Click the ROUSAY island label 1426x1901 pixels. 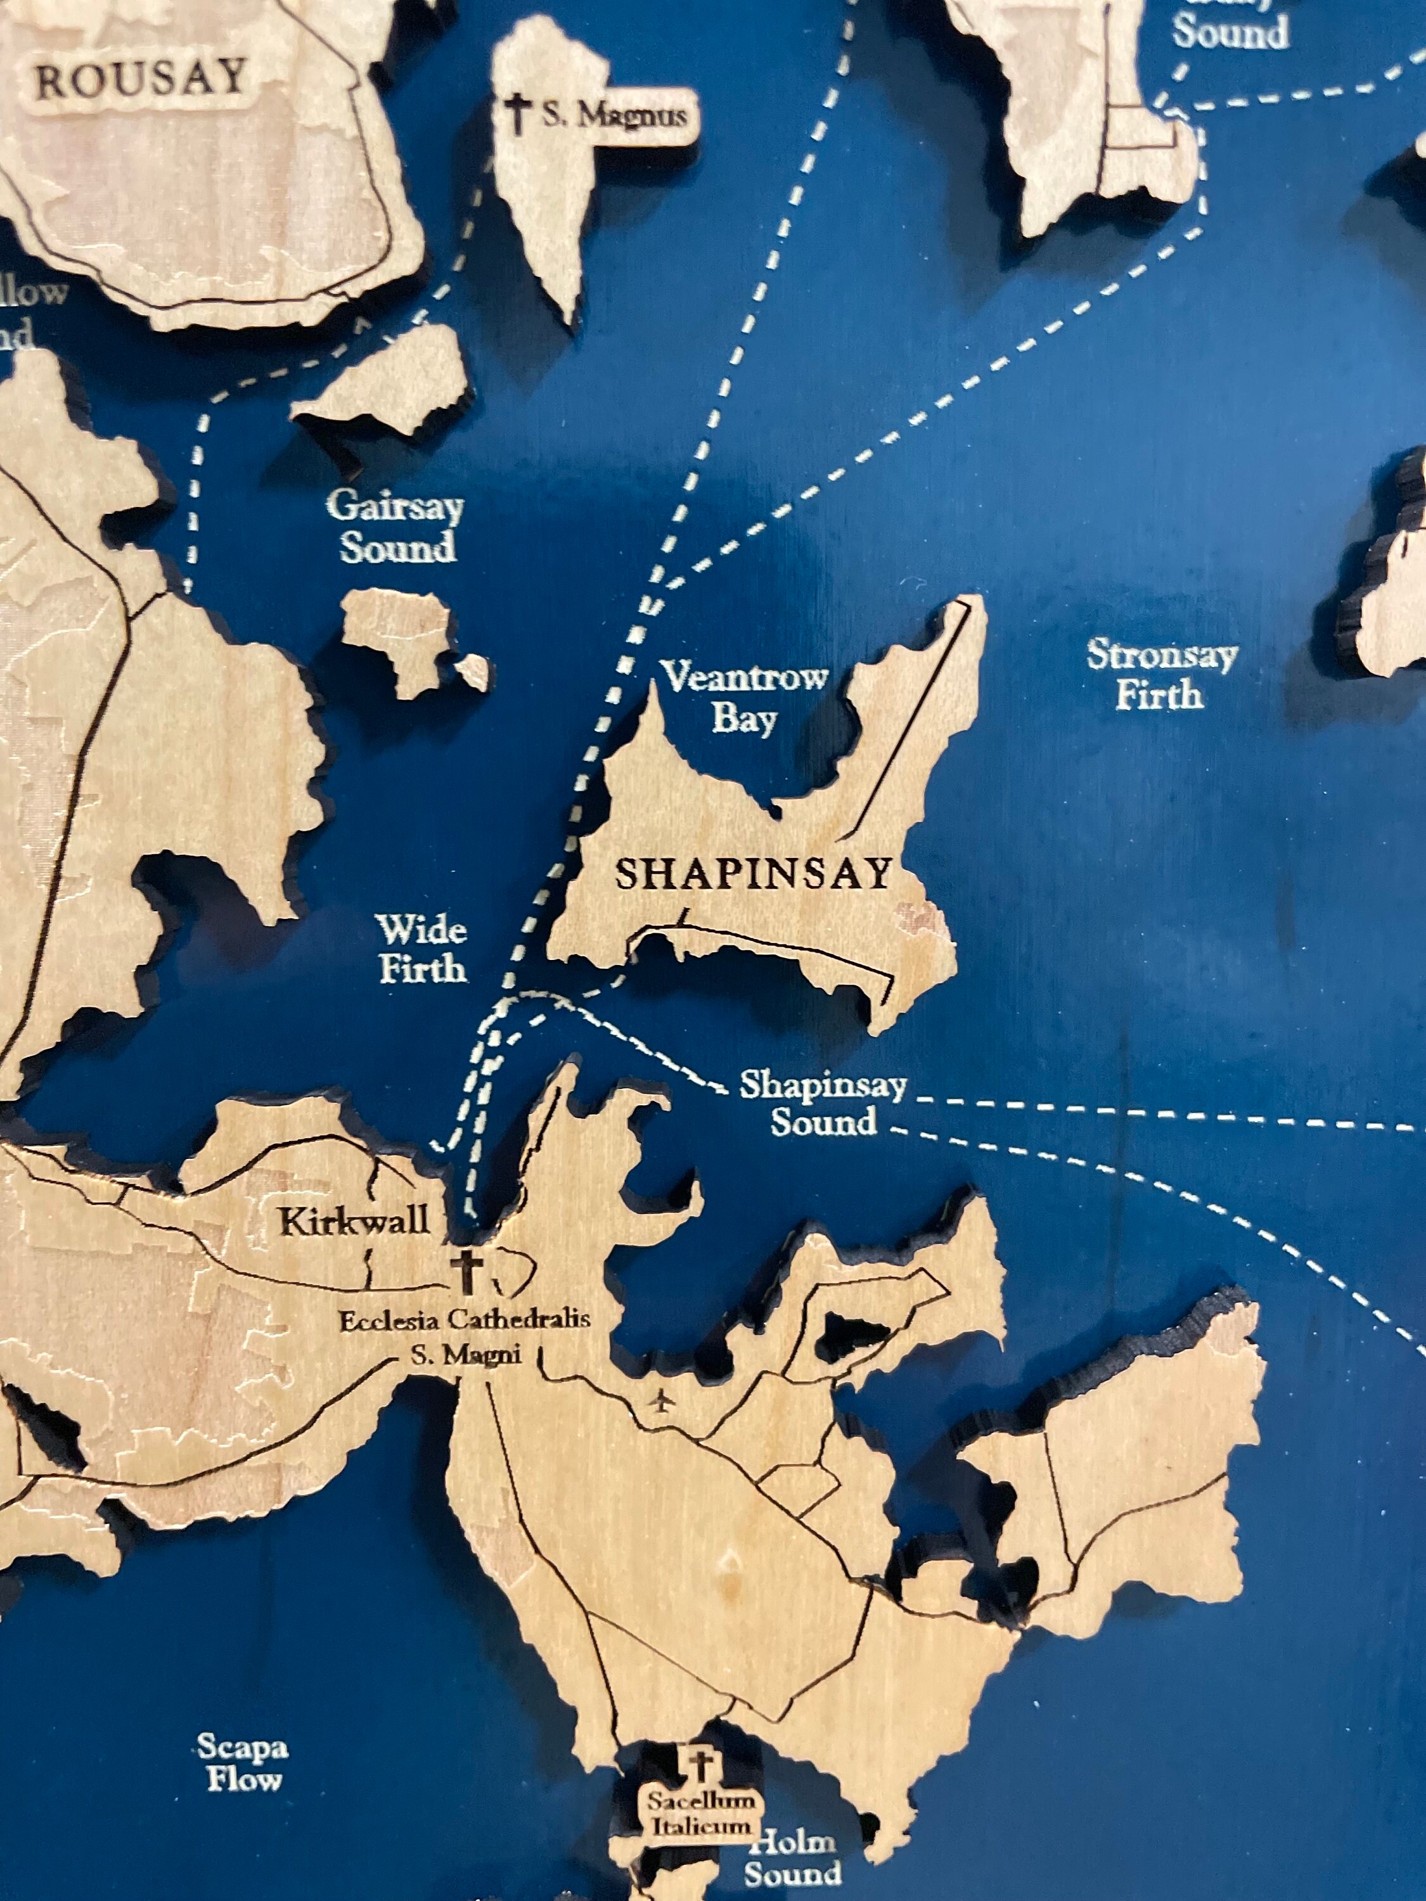[x=140, y=80]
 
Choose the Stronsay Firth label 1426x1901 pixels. [x=1161, y=675]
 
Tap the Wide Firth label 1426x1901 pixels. [x=422, y=949]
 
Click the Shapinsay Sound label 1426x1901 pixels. [x=823, y=1103]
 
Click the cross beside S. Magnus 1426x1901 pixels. [x=517, y=113]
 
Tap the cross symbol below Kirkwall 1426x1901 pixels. [x=468, y=1272]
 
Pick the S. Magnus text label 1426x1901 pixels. [x=613, y=115]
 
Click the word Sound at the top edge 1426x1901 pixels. [x=1230, y=33]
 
